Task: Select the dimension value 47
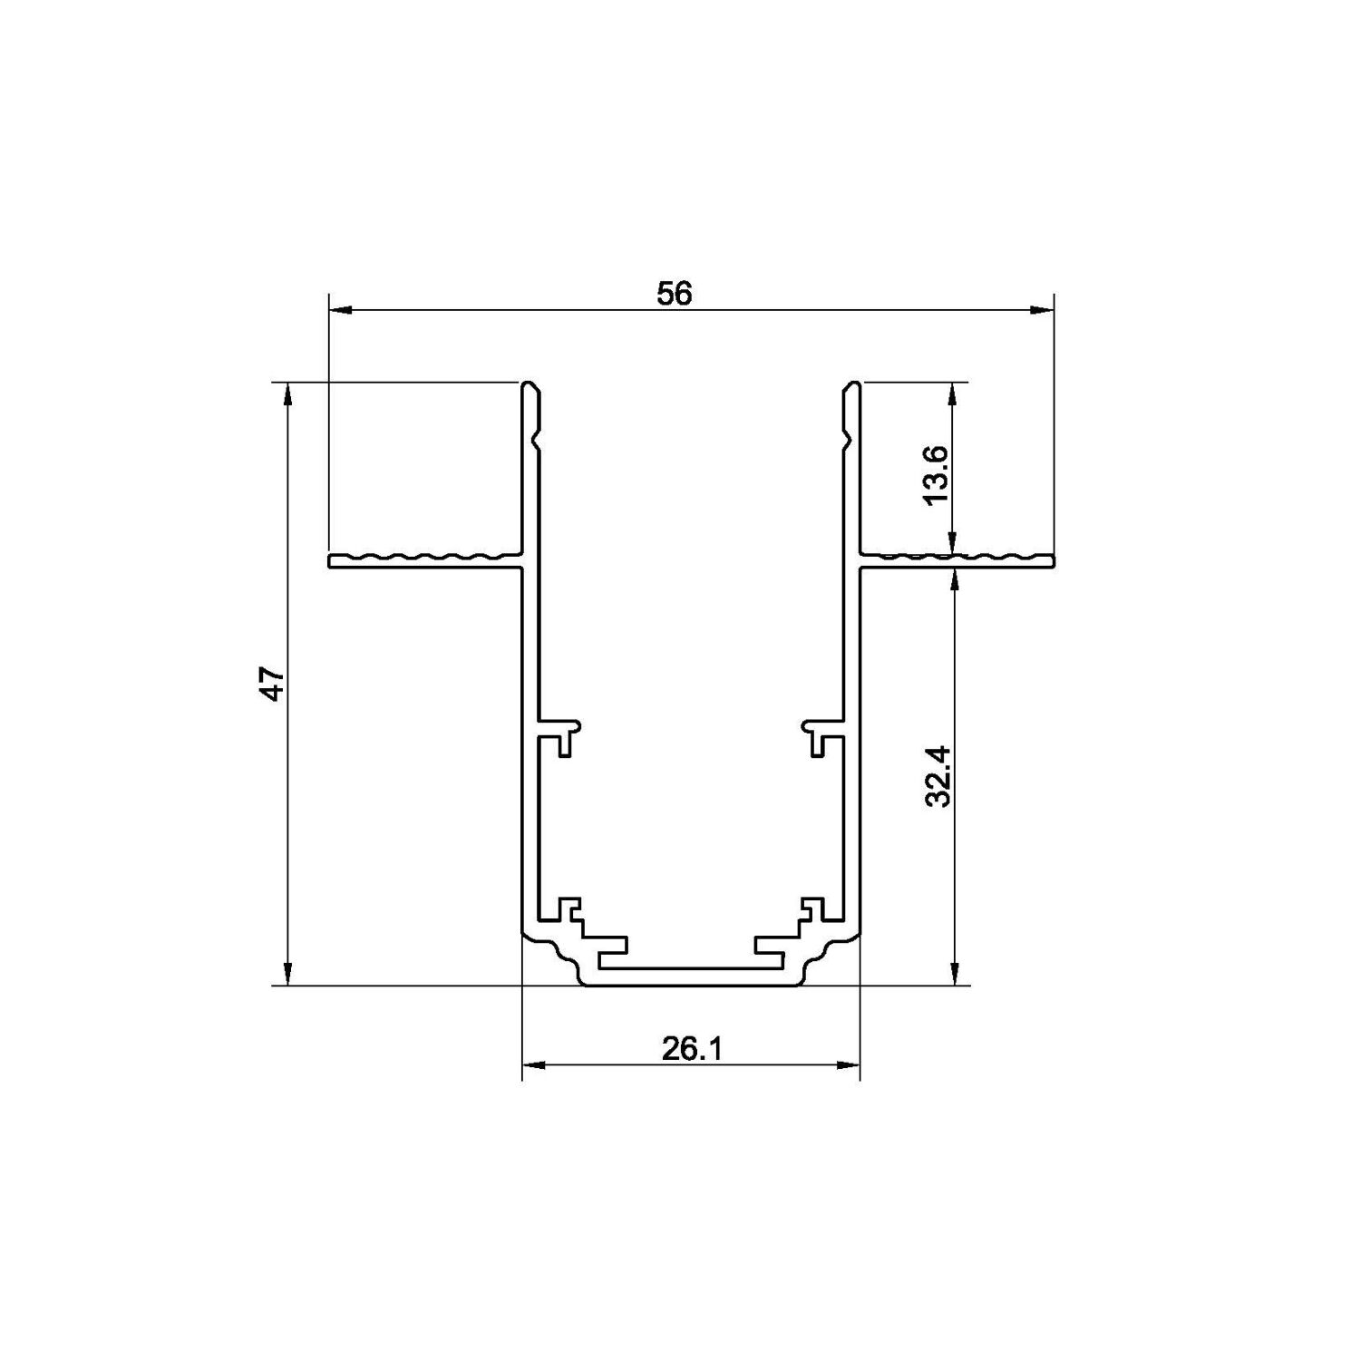[273, 684]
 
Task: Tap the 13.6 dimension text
[936, 474]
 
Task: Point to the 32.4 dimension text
[937, 776]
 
